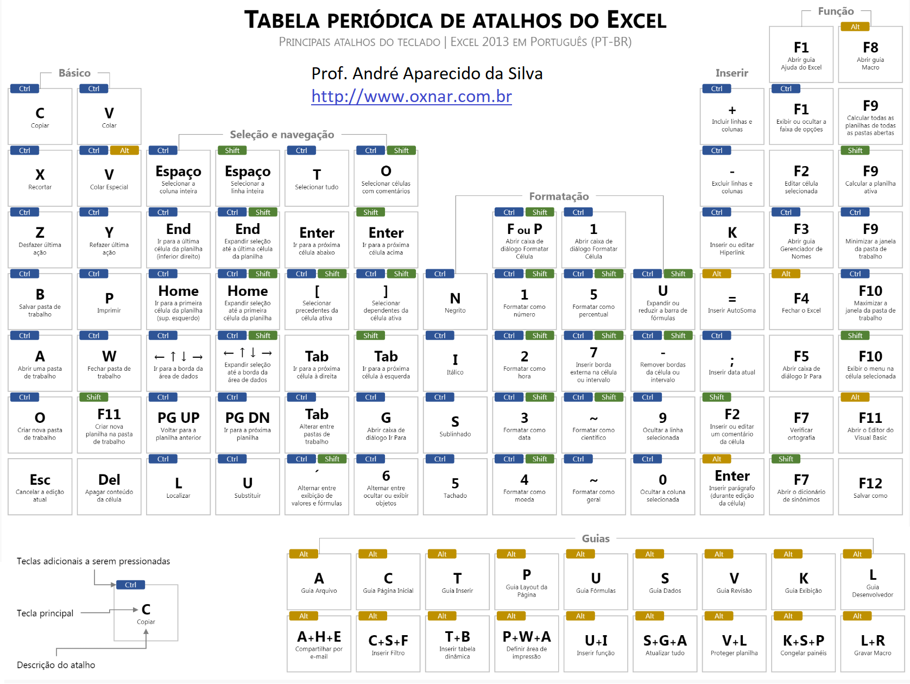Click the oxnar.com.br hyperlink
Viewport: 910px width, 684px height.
(x=411, y=97)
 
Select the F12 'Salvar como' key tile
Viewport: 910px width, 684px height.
(x=870, y=486)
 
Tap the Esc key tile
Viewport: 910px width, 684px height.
(x=40, y=486)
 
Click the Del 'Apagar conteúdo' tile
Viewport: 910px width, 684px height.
(x=109, y=486)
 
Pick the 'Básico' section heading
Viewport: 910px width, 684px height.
(x=74, y=73)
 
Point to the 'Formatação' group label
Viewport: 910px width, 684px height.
(x=559, y=196)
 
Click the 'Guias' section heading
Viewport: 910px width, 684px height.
(x=596, y=539)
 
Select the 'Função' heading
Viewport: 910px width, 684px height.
(x=836, y=11)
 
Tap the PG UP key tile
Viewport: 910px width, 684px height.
(x=178, y=425)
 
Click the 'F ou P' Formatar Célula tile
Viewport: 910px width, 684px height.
(x=524, y=239)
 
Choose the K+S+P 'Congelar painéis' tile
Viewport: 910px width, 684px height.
(x=803, y=643)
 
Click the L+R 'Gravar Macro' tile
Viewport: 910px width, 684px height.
(x=873, y=643)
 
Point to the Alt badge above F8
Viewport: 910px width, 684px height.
(x=855, y=27)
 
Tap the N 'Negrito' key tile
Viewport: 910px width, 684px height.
(x=455, y=301)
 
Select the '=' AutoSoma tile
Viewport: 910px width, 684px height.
(x=732, y=301)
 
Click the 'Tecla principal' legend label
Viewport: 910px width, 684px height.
(x=45, y=613)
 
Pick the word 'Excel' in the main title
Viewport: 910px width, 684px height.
(x=636, y=20)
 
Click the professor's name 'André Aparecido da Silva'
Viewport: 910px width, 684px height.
(x=448, y=74)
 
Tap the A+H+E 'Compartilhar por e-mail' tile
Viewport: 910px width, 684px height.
(x=319, y=643)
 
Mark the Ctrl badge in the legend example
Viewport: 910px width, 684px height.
(x=130, y=585)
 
